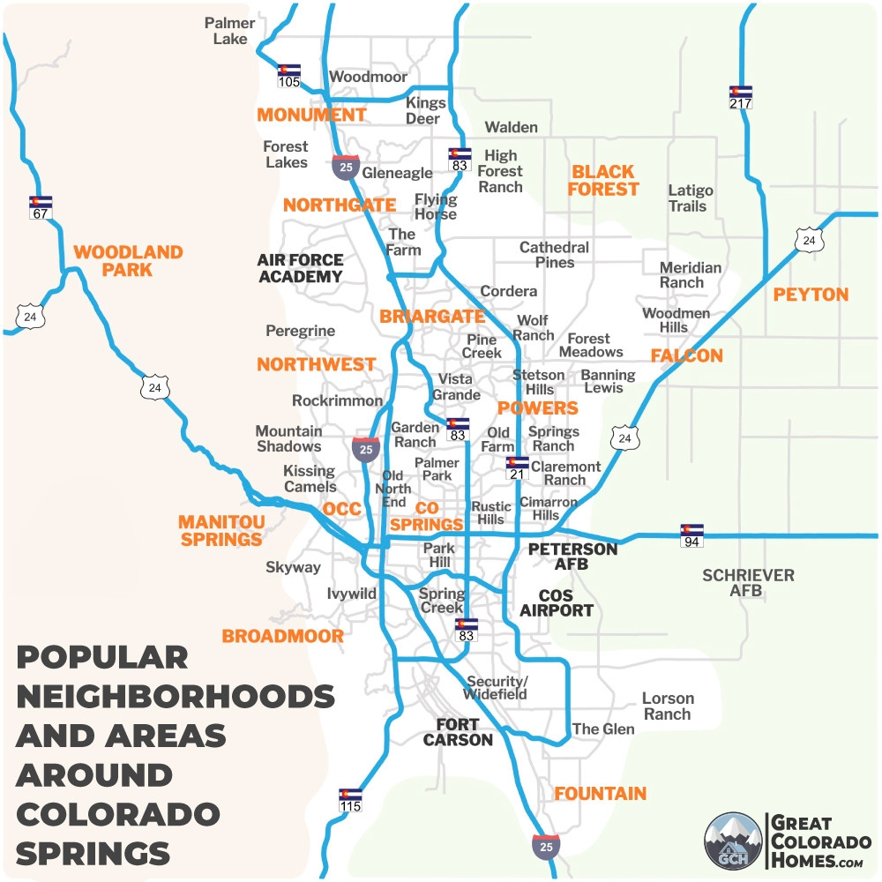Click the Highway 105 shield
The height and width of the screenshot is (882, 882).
288,76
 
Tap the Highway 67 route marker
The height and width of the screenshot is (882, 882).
41,207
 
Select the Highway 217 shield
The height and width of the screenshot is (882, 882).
740,97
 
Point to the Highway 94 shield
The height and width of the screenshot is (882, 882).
691,535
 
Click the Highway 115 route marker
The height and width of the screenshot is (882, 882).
350,800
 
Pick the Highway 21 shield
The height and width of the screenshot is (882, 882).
517,468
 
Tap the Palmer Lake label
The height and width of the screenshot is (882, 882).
230,31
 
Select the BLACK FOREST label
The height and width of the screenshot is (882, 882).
603,180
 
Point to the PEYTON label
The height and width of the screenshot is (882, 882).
811,295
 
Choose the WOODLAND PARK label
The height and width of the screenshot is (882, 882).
128,261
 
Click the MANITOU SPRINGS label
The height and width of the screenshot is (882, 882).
220,530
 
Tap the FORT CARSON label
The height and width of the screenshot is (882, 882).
458,732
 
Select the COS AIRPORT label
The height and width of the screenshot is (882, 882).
556,602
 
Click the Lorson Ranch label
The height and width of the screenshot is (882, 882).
668,706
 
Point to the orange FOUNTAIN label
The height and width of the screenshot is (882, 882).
600,793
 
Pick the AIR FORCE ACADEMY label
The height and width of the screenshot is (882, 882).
300,268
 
